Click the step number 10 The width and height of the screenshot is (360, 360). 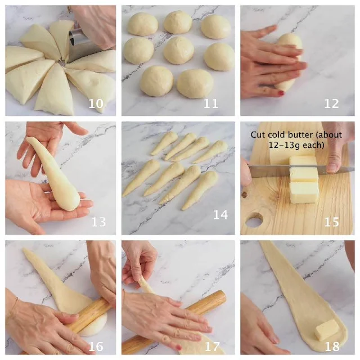point(96,103)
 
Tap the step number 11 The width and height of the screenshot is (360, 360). point(211,103)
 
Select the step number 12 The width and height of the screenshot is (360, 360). point(331,103)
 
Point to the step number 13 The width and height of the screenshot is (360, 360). point(99,222)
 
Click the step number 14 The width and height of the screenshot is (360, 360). point(220,215)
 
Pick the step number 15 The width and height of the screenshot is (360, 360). point(331,222)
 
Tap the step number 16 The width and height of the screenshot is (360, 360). point(96,346)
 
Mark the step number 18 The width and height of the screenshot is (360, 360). point(332,346)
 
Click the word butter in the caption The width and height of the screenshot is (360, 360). point(303,135)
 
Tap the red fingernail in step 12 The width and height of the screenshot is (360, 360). point(281,93)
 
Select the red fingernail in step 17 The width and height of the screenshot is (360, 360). point(179,348)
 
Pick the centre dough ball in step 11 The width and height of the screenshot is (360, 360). point(179,50)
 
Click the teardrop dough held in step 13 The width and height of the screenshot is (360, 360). point(55,174)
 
